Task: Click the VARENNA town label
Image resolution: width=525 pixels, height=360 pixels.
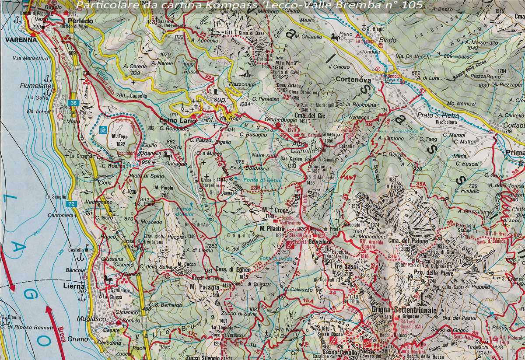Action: pyautogui.click(x=17, y=39)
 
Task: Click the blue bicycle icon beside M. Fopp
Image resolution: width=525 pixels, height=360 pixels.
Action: pyautogui.click(x=104, y=129)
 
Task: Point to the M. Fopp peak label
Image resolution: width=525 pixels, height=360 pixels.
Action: pyautogui.click(x=119, y=137)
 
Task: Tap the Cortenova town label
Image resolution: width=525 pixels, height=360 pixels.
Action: pyautogui.click(x=353, y=80)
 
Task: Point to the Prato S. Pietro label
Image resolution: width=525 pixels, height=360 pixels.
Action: pyautogui.click(x=438, y=116)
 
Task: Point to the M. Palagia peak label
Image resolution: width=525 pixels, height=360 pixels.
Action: pyautogui.click(x=204, y=287)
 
